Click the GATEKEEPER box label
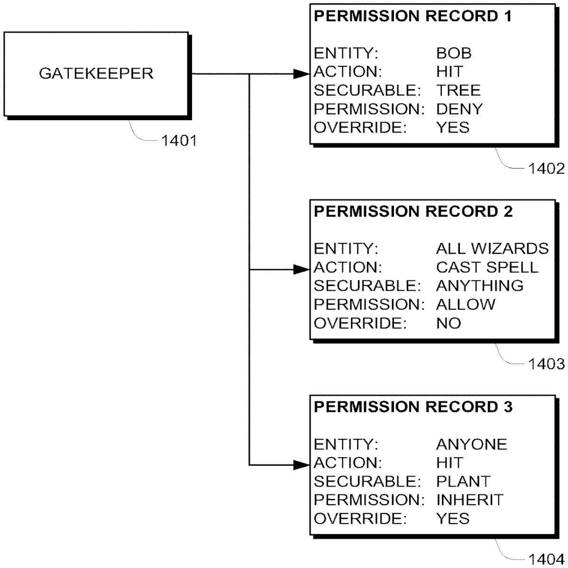click(96, 74)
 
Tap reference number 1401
click(179, 140)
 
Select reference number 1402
click(546, 169)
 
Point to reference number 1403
click(546, 364)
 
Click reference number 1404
click(546, 559)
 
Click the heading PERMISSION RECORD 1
click(413, 17)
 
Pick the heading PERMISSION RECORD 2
click(413, 212)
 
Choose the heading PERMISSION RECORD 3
click(413, 407)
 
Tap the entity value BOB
click(454, 53)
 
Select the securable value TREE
click(458, 90)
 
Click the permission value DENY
click(459, 109)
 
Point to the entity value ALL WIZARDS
click(492, 248)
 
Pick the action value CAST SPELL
click(487, 267)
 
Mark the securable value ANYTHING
click(479, 285)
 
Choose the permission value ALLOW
click(466, 304)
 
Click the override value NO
click(448, 323)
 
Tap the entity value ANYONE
click(471, 444)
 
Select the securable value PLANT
click(463, 481)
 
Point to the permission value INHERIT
click(469, 500)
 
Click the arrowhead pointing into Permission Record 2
click(302, 269)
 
